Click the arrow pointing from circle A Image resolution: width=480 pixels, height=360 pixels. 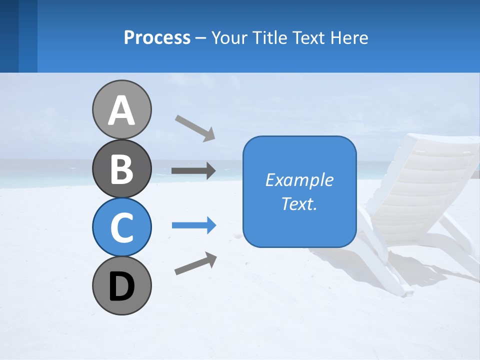pos(195,128)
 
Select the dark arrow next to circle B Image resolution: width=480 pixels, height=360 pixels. pos(193,171)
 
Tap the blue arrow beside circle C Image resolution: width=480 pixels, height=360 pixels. pos(194,225)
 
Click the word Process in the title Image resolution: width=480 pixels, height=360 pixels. pos(157,37)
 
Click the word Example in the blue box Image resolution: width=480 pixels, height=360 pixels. pos(299,180)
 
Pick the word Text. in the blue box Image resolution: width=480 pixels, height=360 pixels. pos(299,204)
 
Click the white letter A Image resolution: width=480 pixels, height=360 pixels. pos(121,111)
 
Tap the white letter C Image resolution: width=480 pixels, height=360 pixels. pos(121,227)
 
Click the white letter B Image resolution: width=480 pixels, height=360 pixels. pos(121,169)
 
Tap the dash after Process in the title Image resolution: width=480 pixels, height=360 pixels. pos(201,38)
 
